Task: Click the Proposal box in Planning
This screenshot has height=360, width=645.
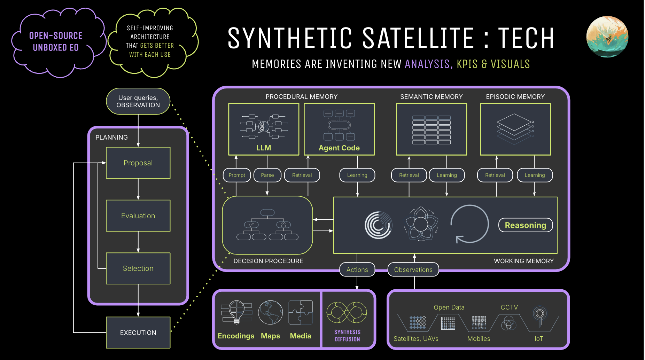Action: click(x=138, y=163)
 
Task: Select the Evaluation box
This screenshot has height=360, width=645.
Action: click(x=138, y=216)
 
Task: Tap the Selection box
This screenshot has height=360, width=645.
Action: click(x=138, y=268)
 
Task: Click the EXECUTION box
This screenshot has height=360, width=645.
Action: click(x=138, y=332)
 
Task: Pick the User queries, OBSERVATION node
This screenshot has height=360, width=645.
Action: click(x=138, y=101)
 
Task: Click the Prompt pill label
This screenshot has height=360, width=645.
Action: click(x=237, y=175)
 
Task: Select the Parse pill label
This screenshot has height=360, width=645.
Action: click(x=267, y=175)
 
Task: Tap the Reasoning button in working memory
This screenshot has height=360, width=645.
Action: click(x=525, y=225)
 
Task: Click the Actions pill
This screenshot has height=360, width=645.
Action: click(x=357, y=269)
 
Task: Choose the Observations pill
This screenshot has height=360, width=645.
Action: click(x=413, y=269)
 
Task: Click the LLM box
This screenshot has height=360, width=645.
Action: click(x=264, y=129)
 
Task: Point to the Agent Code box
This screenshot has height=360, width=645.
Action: click(x=339, y=129)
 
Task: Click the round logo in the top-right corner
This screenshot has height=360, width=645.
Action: click(x=607, y=37)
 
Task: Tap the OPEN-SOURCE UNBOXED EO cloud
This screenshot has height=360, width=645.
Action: click(x=56, y=42)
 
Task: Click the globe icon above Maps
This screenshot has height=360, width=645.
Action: click(x=270, y=312)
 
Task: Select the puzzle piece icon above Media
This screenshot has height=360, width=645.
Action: click(x=300, y=312)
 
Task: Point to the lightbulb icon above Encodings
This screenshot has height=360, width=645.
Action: click(x=236, y=312)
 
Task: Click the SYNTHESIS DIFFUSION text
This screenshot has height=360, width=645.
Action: click(x=347, y=335)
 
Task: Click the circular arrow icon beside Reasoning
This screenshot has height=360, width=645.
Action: click(x=469, y=224)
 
